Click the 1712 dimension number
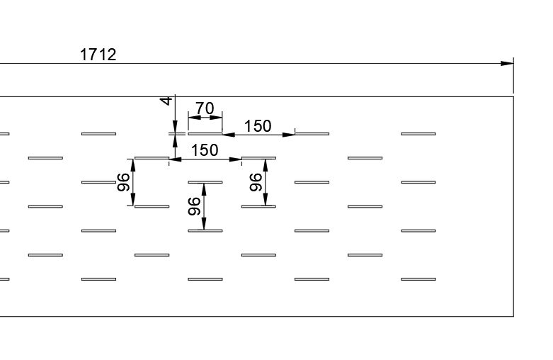pyautogui.click(x=98, y=55)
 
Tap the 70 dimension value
pyautogui.click(x=205, y=108)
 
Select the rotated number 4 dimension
pyautogui.click(x=166, y=101)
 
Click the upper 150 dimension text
pyautogui.click(x=258, y=126)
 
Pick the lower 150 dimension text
pyautogui.click(x=205, y=150)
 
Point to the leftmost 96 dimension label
pyautogui.click(x=123, y=182)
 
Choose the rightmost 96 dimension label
pyautogui.click(x=256, y=182)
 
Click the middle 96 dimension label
pyautogui.click(x=194, y=206)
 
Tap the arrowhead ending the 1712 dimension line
pyautogui.click(x=507, y=64)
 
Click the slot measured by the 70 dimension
pyautogui.click(x=205, y=134)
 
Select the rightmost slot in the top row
pyautogui.click(x=418, y=134)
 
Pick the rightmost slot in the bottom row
pyautogui.click(x=418, y=279)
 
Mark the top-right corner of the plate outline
pyautogui.click(x=513, y=96)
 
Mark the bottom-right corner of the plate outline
pyautogui.click(x=513, y=316)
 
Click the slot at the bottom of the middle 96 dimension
pyautogui.click(x=205, y=231)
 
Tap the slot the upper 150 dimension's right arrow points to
pyautogui.click(x=312, y=134)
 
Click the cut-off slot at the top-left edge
pyautogui.click(x=4, y=134)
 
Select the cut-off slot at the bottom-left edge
pyautogui.click(x=4, y=279)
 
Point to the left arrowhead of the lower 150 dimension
pyautogui.click(x=176, y=159)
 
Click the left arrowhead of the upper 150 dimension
pyautogui.click(x=229, y=135)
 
